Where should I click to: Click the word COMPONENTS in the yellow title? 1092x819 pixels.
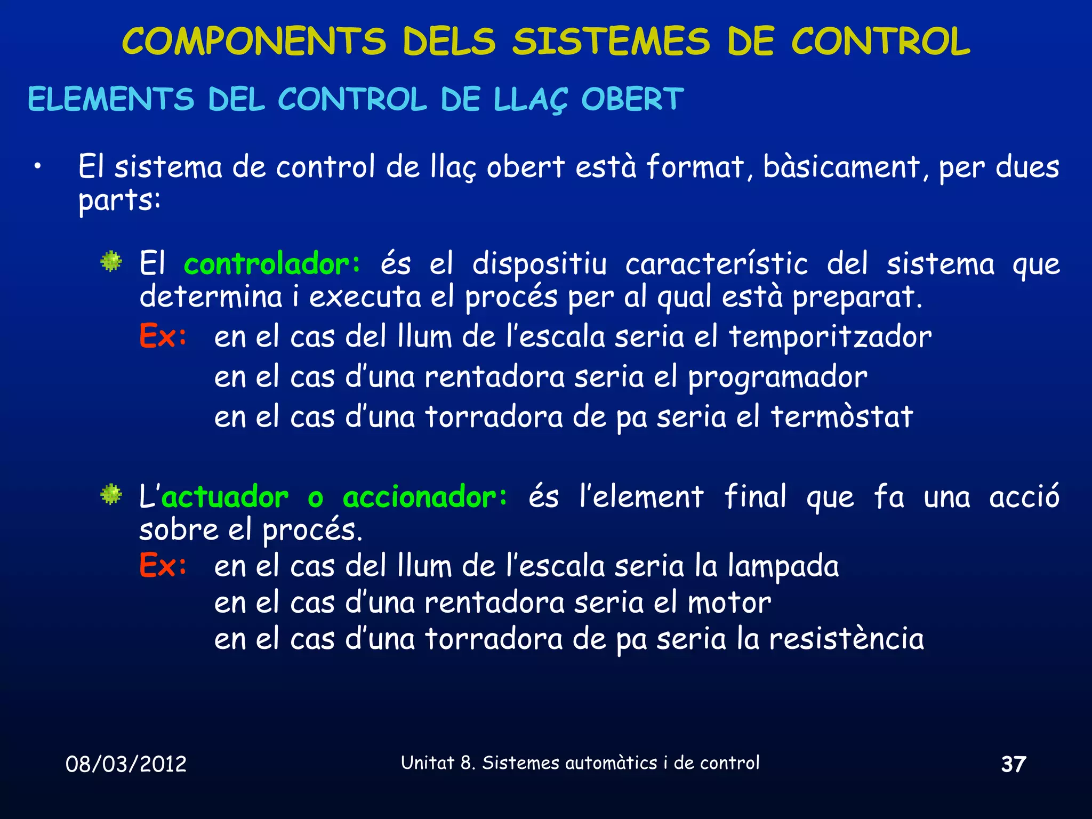254,42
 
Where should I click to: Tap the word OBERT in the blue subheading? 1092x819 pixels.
632,99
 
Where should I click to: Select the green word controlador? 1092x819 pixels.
272,264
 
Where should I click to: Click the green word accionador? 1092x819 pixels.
425,497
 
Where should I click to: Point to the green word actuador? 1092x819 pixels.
225,497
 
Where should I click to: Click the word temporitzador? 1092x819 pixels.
830,337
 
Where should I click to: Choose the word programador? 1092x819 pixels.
777,378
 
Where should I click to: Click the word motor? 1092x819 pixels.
729,603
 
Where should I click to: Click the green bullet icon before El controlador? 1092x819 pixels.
111,261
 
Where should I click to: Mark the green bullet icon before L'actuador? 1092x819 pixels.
111,494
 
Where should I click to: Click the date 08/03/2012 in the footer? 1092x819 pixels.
126,764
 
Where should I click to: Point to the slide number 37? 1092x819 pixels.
1013,764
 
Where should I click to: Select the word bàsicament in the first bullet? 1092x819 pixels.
841,167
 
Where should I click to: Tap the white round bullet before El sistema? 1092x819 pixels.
37,167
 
